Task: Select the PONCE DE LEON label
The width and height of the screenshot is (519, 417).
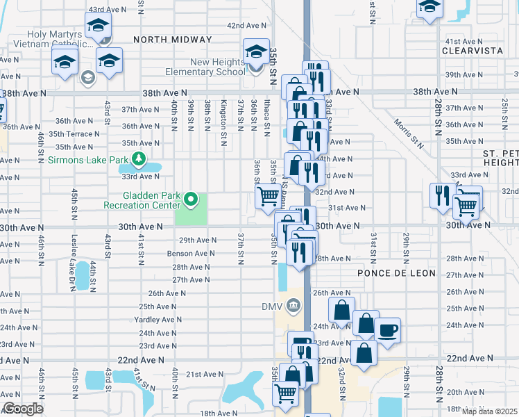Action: pos(396,273)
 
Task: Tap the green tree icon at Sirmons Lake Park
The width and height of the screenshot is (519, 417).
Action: pos(139,160)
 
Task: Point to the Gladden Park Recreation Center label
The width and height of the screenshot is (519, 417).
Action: pos(142,201)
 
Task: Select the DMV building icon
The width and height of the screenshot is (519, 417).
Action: pos(293,306)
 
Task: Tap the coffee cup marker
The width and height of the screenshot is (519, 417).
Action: pos(387,329)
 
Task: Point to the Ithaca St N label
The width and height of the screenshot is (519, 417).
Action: pos(267,115)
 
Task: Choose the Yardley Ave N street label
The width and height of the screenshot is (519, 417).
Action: pos(160,320)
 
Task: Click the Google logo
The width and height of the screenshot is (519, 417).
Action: pos(23,408)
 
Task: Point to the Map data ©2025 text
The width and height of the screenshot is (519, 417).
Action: pos(489,411)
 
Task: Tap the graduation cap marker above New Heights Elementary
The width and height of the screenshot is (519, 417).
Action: pos(256,51)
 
